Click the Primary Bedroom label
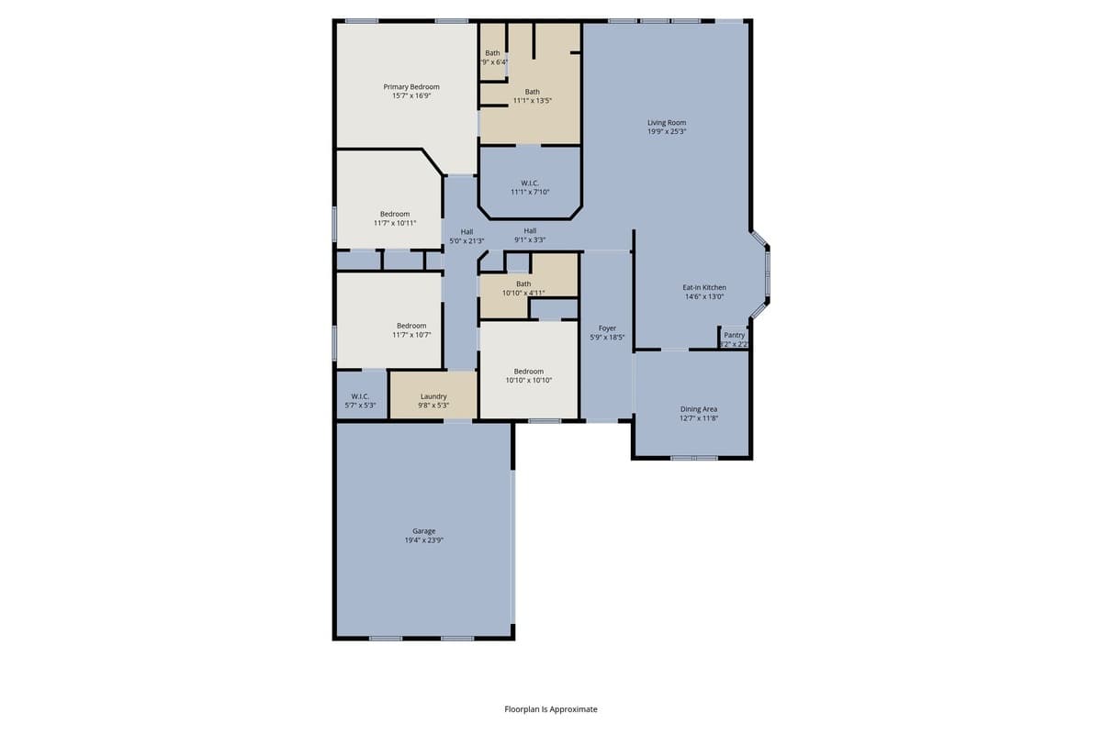click(410, 87)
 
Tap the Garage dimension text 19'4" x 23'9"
click(423, 540)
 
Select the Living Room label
click(667, 123)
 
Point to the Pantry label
click(734, 335)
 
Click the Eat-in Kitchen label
click(704, 287)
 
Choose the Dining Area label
click(699, 409)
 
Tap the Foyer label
click(607, 328)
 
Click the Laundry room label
click(433, 396)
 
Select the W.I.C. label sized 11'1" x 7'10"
click(530, 183)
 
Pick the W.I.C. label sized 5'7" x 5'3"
click(360, 396)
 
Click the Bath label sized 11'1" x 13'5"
click(532, 92)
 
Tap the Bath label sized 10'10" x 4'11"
click(523, 284)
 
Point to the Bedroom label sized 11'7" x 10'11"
click(395, 214)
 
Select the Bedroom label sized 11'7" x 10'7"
click(411, 326)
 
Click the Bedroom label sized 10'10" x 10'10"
click(528, 371)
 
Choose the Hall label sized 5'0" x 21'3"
click(467, 231)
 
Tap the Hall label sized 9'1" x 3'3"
click(530, 230)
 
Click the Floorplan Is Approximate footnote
click(551, 709)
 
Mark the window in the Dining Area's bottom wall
click(693, 457)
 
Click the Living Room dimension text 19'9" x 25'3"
click(667, 132)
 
